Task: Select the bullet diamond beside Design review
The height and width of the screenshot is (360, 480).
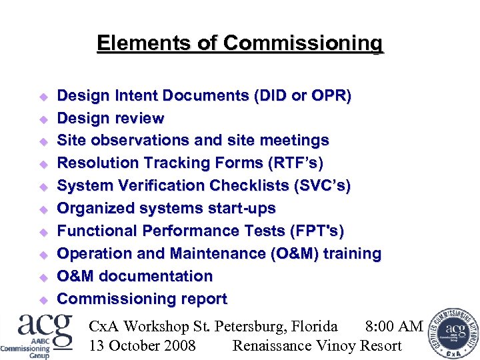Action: tap(41, 119)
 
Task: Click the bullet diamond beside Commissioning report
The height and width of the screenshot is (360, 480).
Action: tap(41, 299)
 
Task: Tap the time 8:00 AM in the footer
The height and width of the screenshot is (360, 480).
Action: tap(394, 326)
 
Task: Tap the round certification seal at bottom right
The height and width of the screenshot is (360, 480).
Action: tap(453, 332)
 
